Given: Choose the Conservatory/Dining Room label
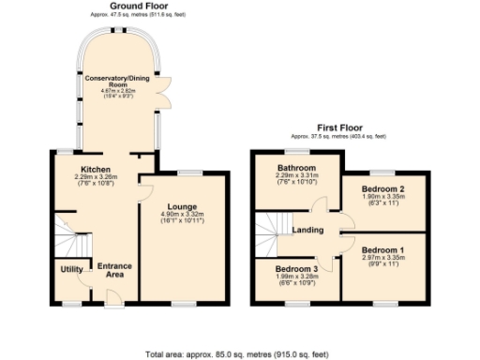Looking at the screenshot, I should coord(118,80).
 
